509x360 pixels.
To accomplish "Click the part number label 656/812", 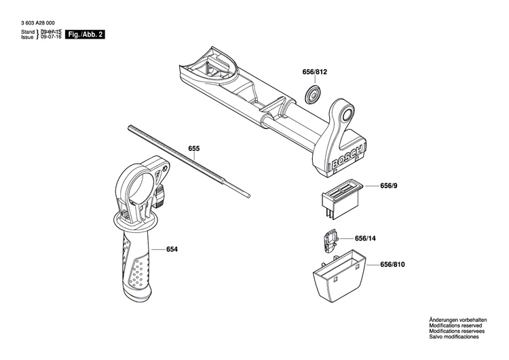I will point(314,71).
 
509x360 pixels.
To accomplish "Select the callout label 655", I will point(194,148).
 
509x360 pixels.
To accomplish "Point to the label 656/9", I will point(390,185).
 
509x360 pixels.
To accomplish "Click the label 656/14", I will point(364,238).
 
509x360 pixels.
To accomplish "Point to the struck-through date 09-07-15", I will point(51,32).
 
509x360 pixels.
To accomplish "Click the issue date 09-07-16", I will point(51,38).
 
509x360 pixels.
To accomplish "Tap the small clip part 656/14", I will point(329,239).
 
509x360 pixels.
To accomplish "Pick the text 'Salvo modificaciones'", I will point(453,337).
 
